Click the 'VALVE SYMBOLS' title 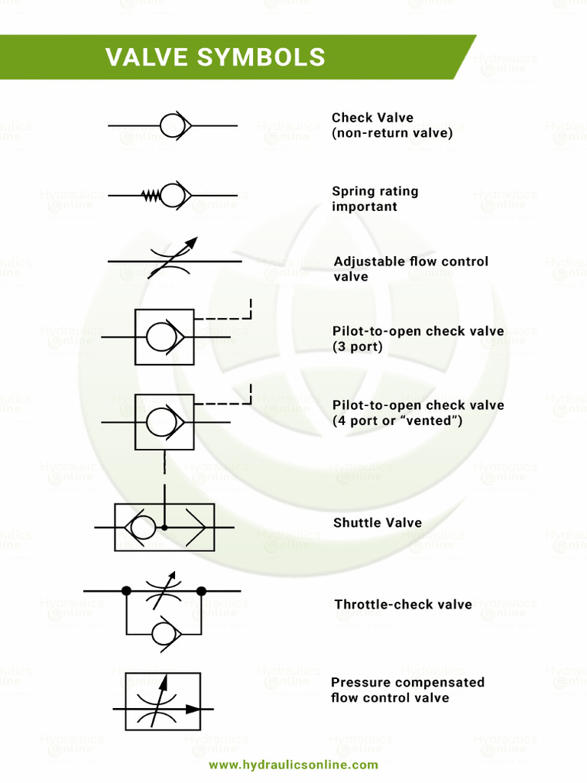(x=216, y=57)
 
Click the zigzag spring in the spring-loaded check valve (x=151, y=196)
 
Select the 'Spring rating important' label (x=375, y=199)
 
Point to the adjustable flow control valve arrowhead (x=192, y=242)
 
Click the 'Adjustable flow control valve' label (x=410, y=269)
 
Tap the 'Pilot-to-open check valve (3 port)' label (x=417, y=339)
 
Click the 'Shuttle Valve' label (x=377, y=523)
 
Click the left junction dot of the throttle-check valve (x=126, y=591)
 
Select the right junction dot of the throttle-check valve (x=201, y=591)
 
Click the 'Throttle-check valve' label (x=403, y=605)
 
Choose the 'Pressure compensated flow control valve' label (x=407, y=690)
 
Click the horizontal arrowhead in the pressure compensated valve (x=194, y=709)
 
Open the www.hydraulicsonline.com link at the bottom (x=293, y=765)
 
